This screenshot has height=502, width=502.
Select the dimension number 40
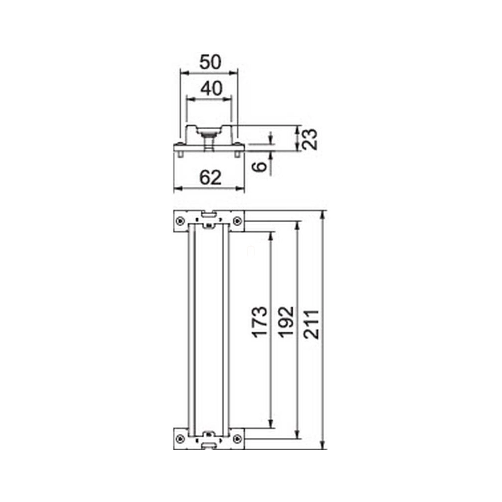211,88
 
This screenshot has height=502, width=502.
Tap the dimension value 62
210,177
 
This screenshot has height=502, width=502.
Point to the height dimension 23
310,139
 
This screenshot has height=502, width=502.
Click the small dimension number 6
259,166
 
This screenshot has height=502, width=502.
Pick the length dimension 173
259,322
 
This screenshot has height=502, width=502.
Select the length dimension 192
286,322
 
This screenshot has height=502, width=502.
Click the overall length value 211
312,324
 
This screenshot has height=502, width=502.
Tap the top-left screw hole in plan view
180,221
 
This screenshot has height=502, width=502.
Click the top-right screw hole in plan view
237,221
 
